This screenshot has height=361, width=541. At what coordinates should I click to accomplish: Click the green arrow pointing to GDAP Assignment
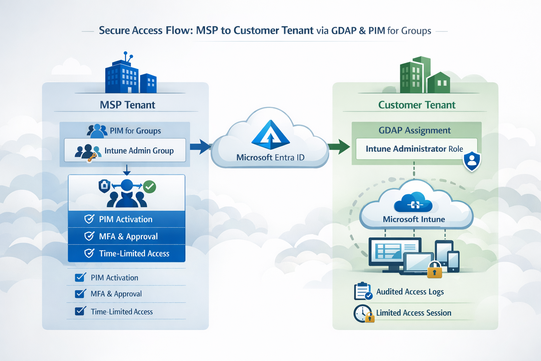pyautogui.click(x=339, y=146)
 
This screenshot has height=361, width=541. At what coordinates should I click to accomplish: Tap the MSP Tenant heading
pyautogui.click(x=127, y=105)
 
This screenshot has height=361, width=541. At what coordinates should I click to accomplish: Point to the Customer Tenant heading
pyautogui.click(x=417, y=105)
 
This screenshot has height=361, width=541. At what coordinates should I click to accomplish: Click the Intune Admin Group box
pyautogui.click(x=125, y=151)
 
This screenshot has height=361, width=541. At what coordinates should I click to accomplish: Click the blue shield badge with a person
pyautogui.click(x=472, y=161)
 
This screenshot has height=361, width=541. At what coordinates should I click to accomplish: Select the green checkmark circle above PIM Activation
pyautogui.click(x=150, y=186)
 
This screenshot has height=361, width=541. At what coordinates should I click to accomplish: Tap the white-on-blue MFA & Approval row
pyautogui.click(x=127, y=236)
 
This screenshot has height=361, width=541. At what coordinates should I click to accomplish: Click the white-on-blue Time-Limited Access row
pyautogui.click(x=127, y=253)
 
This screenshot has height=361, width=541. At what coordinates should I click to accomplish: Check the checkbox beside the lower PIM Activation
pyautogui.click(x=80, y=277)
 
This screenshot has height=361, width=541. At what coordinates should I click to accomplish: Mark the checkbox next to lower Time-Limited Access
pyautogui.click(x=80, y=311)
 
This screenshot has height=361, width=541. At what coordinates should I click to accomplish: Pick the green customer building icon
pyautogui.click(x=424, y=76)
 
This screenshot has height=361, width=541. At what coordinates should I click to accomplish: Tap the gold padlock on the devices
pyautogui.click(x=434, y=271)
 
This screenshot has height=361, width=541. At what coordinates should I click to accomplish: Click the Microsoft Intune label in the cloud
pyautogui.click(x=414, y=219)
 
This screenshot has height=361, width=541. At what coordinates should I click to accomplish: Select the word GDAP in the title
pyautogui.click(x=344, y=31)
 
